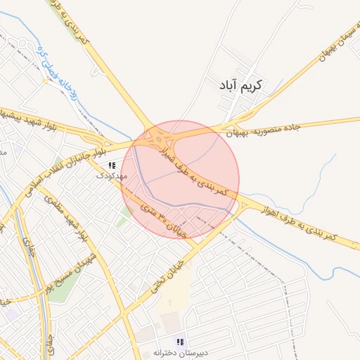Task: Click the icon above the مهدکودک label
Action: (112, 165)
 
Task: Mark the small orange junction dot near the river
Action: (46, 80)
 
